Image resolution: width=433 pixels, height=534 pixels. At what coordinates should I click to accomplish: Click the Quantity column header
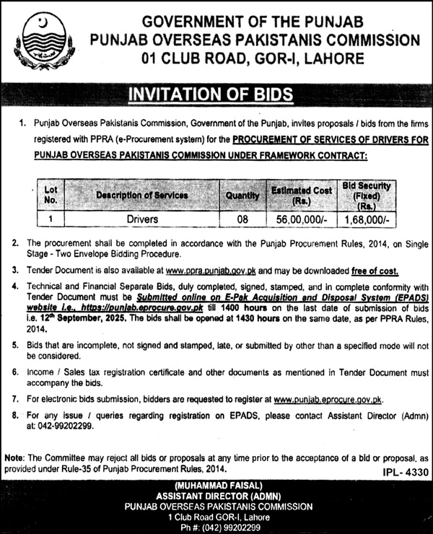242,195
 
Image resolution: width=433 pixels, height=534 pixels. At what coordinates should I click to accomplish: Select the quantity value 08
242,218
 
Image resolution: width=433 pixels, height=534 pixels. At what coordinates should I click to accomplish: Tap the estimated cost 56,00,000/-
302,218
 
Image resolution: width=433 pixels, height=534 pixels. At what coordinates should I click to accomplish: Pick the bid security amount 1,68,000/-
373,218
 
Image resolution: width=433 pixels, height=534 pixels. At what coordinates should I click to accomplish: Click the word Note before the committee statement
13,458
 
